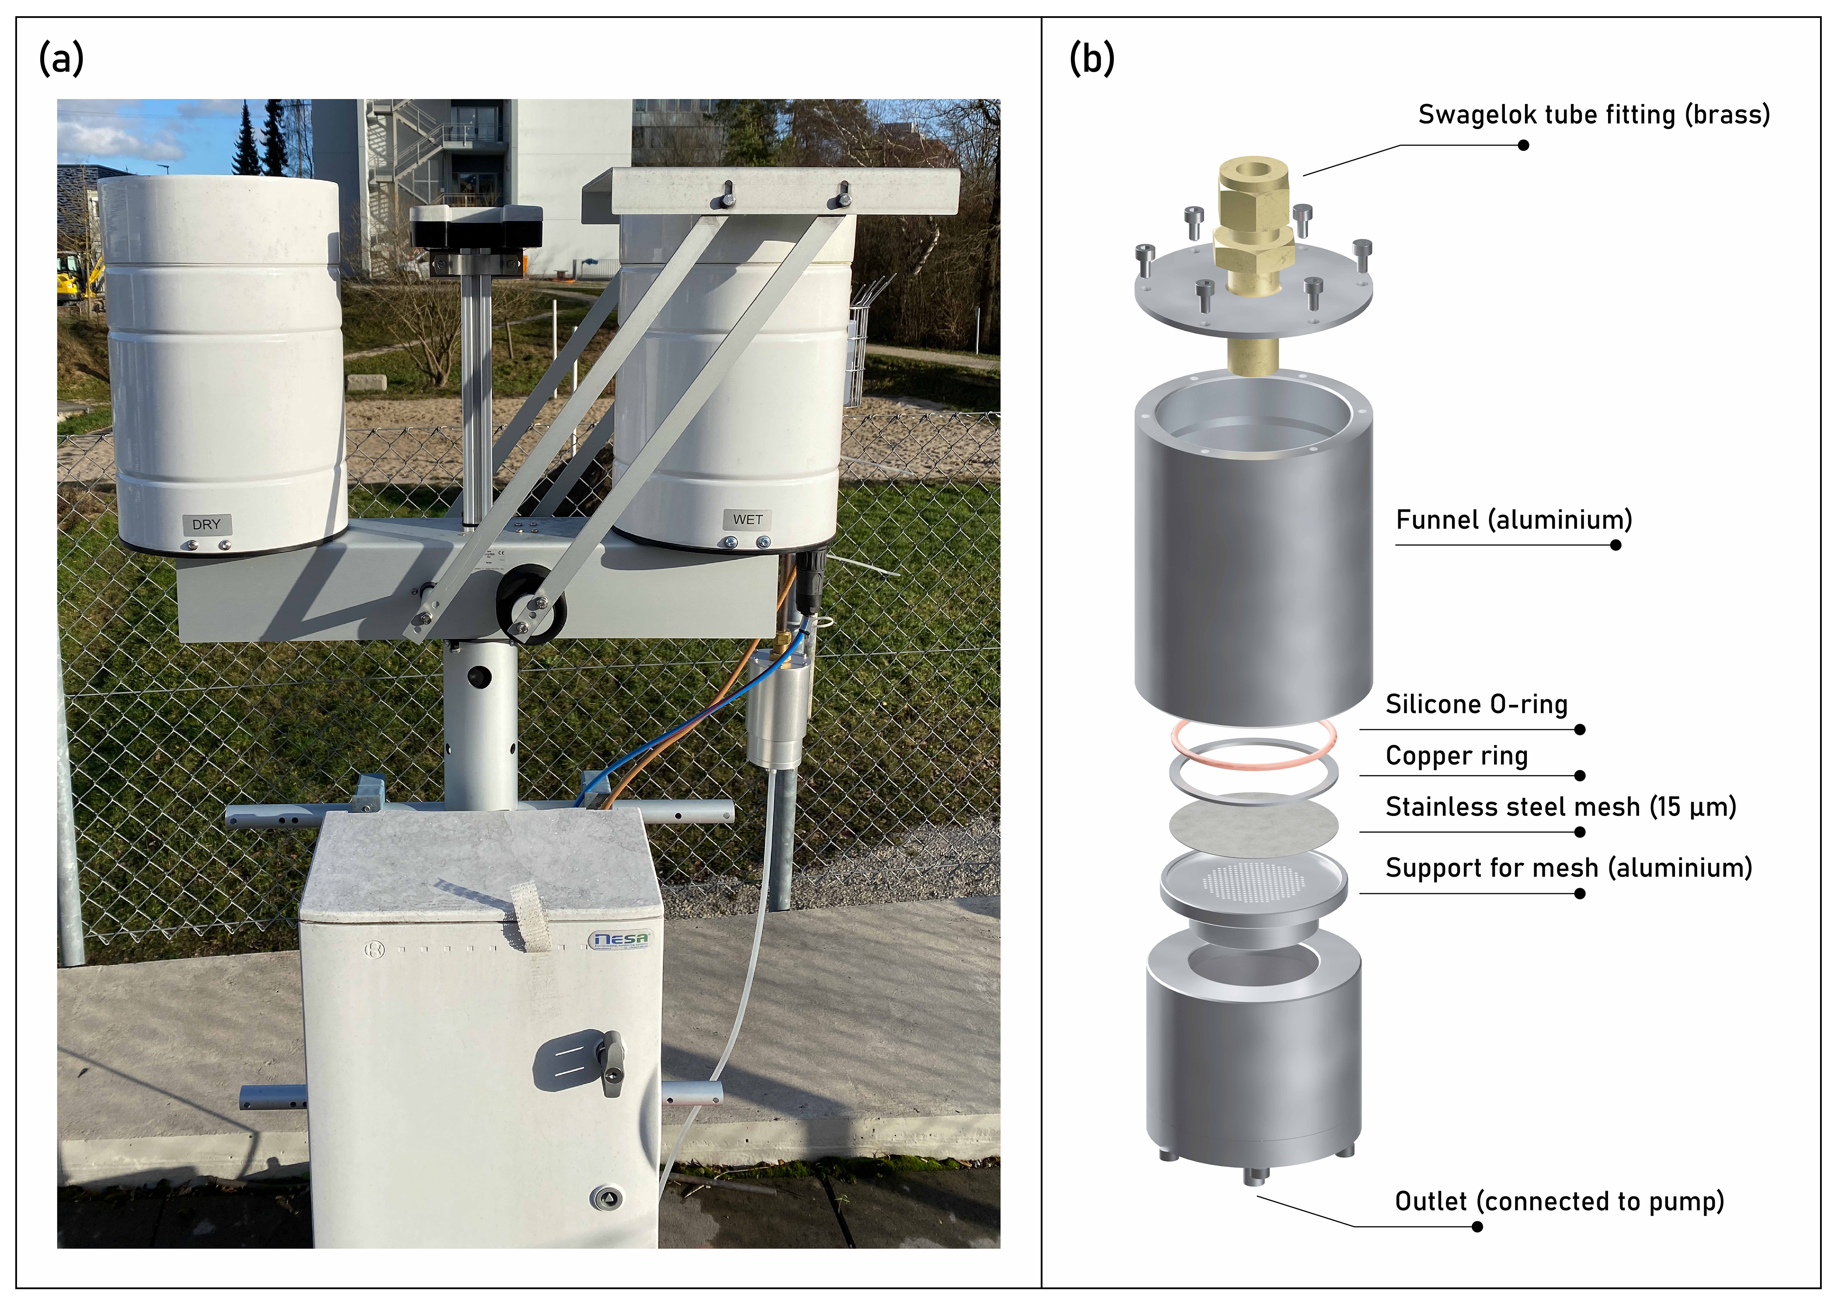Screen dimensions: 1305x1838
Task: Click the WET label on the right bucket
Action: click(747, 520)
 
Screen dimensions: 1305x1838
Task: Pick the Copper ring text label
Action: click(1456, 756)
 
